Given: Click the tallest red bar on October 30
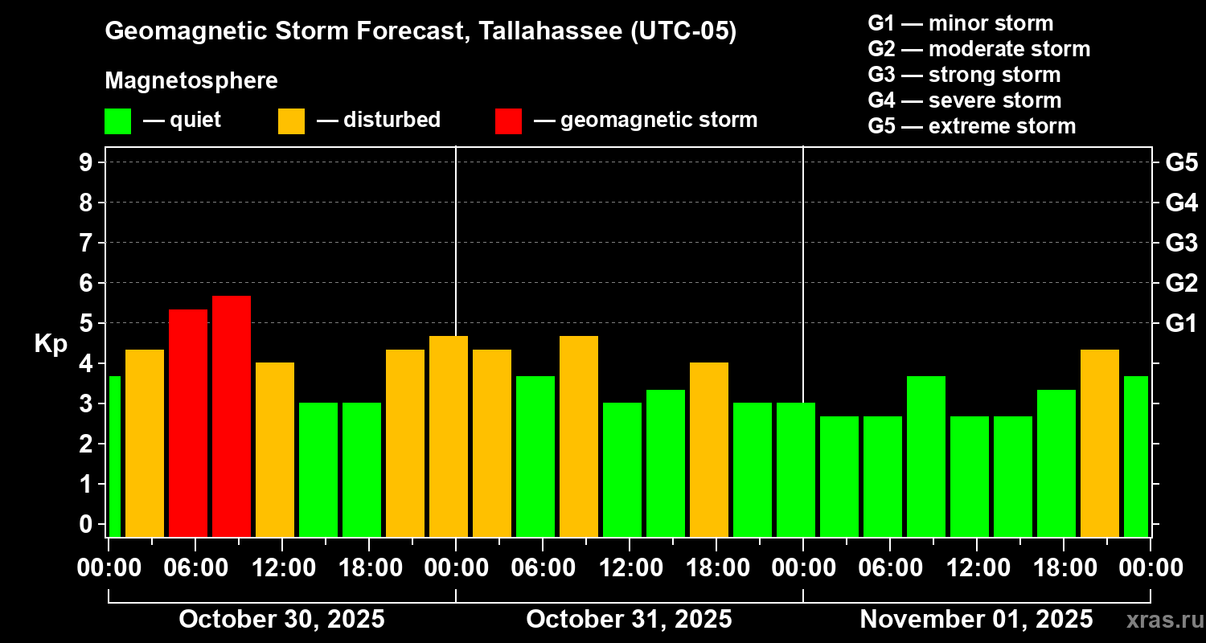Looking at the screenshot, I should pyautogui.click(x=232, y=416).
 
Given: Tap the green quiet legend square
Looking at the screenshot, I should pyautogui.click(x=117, y=121).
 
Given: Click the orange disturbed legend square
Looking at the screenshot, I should pyautogui.click(x=291, y=121).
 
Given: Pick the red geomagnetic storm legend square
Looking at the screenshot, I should pyautogui.click(x=508, y=121).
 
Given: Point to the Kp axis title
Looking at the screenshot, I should pyautogui.click(x=51, y=344).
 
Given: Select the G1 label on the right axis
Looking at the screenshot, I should pyautogui.click(x=1181, y=324).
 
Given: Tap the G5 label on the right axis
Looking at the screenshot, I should pyautogui.click(x=1181, y=162).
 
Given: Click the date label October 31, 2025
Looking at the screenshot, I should pyautogui.click(x=629, y=620).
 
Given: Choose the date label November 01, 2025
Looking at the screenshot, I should pyautogui.click(x=976, y=620).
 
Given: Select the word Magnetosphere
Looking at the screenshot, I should pyautogui.click(x=191, y=81).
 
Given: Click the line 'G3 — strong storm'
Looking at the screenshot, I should pyautogui.click(x=964, y=75).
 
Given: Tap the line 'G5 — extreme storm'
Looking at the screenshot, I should pyautogui.click(x=971, y=126).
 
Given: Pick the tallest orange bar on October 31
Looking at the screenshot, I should pyautogui.click(x=579, y=436).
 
